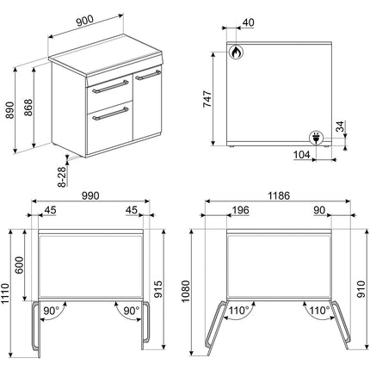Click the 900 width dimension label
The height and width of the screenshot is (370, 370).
tap(85, 21)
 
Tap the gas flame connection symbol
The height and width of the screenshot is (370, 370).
tap(236, 52)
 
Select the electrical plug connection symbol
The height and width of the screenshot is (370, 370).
tap(316, 138)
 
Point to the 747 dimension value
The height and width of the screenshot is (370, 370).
tap(207, 99)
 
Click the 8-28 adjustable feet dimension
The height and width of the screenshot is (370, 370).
tap(62, 176)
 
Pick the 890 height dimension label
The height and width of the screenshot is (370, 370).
tap(10, 110)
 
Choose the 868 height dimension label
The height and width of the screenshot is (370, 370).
tap(28, 108)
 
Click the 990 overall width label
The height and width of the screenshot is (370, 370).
tap(90, 195)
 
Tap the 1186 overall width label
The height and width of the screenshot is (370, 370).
tap(279, 195)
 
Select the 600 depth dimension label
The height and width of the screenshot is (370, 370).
tap(20, 265)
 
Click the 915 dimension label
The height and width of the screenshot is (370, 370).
tap(158, 289)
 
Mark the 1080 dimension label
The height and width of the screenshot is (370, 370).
tap(186, 291)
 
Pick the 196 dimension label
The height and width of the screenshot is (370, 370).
tap(240, 210)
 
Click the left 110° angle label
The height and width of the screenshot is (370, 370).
tap(239, 311)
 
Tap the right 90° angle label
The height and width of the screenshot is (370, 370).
tap(132, 311)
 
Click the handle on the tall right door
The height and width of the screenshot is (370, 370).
tap(148, 75)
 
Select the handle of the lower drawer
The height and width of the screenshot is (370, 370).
tap(110, 114)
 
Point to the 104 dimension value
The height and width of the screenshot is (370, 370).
tap(302, 155)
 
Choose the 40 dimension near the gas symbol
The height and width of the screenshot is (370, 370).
tap(249, 22)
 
